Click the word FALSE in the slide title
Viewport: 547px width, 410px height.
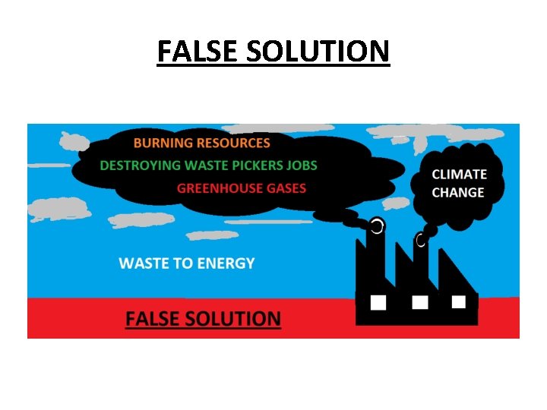[x=194, y=52]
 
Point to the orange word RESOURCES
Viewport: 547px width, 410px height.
[x=233, y=143]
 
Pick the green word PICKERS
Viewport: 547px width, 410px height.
[x=258, y=166]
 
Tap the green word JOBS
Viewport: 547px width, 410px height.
[x=302, y=166]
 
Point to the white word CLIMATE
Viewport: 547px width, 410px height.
[x=459, y=174]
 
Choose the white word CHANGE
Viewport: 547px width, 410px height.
[x=457, y=193]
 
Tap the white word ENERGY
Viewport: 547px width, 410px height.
[x=226, y=263]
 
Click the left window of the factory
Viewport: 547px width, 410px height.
[x=378, y=302]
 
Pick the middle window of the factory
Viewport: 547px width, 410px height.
[x=419, y=302]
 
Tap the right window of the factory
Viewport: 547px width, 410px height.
[x=458, y=301]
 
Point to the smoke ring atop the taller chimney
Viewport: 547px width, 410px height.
[x=377, y=225]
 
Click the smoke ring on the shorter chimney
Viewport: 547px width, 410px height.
[x=420, y=241]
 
